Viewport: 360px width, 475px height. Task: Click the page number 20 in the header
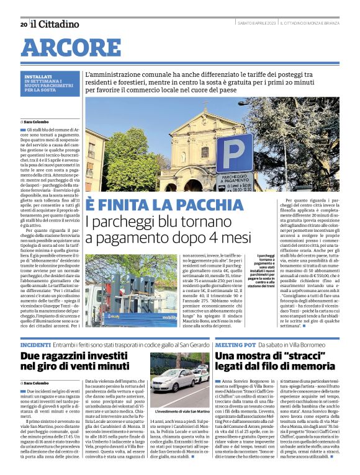[x=23, y=24]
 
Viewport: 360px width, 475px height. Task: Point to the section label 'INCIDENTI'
[x=35, y=344]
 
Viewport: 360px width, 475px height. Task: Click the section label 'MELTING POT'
[x=235, y=344]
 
